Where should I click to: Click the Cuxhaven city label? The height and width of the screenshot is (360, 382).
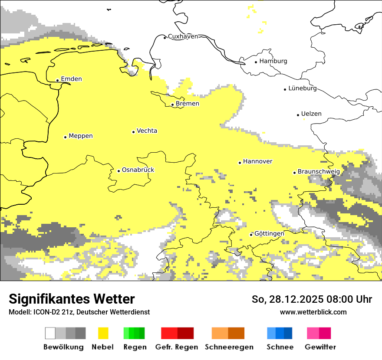tap(183, 36)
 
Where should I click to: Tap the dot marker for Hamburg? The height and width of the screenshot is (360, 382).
tap(256, 62)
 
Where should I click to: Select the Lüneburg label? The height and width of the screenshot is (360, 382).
tap(303, 88)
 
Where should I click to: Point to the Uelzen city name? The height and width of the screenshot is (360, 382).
tap(311, 114)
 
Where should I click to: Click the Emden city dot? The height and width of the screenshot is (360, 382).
tap(57, 80)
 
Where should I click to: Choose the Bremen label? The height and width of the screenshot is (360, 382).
tap(188, 103)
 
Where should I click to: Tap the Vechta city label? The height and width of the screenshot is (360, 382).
tap(147, 131)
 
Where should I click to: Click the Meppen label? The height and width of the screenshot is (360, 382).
tap(81, 136)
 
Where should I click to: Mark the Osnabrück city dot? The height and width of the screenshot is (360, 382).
tap(119, 171)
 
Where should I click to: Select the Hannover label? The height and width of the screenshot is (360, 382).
tap(257, 161)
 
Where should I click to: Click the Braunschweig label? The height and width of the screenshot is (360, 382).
tap(319, 171)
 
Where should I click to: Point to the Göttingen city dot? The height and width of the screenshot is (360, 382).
tap(251, 235)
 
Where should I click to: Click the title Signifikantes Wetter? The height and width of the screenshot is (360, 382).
tap(72, 299)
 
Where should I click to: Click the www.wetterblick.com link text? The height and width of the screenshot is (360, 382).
tap(313, 312)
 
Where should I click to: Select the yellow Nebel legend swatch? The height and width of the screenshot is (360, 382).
tap(103, 333)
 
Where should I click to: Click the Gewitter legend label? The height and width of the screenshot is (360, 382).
tap(320, 347)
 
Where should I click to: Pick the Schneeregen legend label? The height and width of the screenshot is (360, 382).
tap(229, 347)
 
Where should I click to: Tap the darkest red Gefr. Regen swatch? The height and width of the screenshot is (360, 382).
tap(185, 333)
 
